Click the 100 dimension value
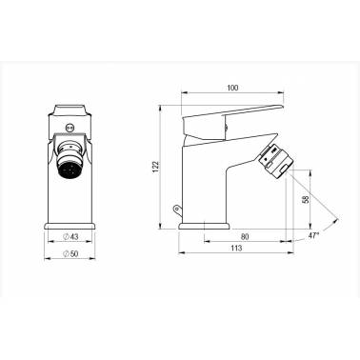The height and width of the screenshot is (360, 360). tap(232, 88)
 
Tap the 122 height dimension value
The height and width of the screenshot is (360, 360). tap(155, 167)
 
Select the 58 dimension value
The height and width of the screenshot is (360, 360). tap(306, 199)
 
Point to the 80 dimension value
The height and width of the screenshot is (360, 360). tap(245, 236)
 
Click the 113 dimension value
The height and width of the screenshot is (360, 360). tap(236, 248)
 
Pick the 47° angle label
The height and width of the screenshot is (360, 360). tap(313, 235)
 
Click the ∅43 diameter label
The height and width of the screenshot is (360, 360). tap(70, 236)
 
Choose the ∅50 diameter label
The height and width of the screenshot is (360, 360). tap(70, 253)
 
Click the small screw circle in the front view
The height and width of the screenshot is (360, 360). tap(70, 128)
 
